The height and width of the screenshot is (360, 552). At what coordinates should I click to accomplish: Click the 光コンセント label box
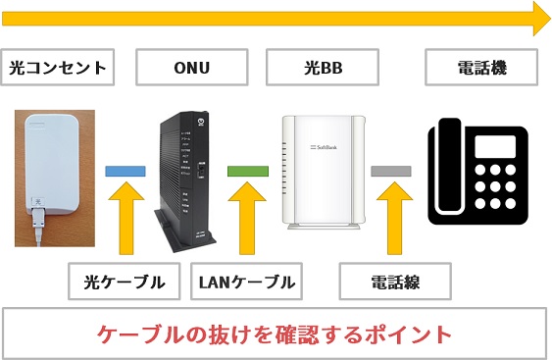tap(56, 69)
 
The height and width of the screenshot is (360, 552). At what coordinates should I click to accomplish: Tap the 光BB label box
tap(323, 69)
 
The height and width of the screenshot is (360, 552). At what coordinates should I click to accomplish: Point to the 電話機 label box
tap(481, 69)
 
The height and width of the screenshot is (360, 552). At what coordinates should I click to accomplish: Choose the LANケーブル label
tap(245, 283)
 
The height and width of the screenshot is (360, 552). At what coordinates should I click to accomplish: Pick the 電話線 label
tap(394, 283)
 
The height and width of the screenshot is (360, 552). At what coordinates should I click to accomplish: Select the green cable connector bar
tap(246, 171)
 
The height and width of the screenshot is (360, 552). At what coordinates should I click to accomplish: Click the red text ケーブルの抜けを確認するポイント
tap(276, 334)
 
